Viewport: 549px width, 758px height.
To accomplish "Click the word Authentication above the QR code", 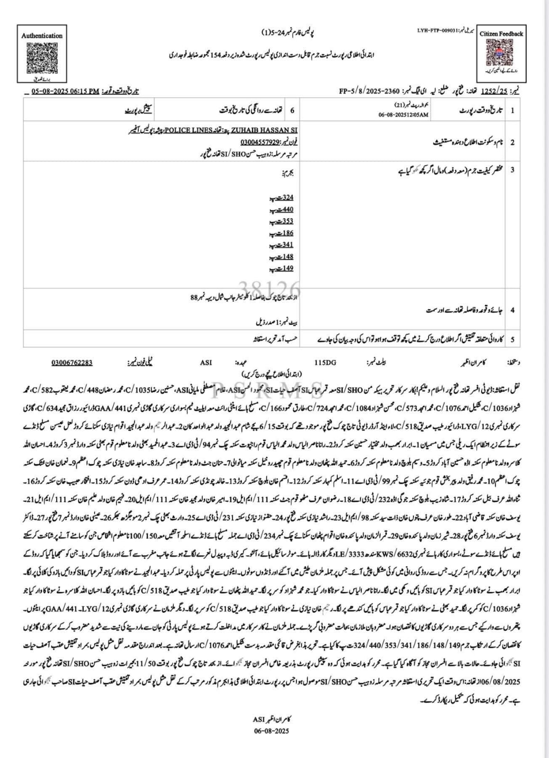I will point(42,36).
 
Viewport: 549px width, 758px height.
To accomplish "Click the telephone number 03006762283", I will point(72,362).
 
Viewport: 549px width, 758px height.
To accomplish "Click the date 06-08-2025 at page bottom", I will point(271,731).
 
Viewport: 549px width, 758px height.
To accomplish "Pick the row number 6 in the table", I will point(292,110).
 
